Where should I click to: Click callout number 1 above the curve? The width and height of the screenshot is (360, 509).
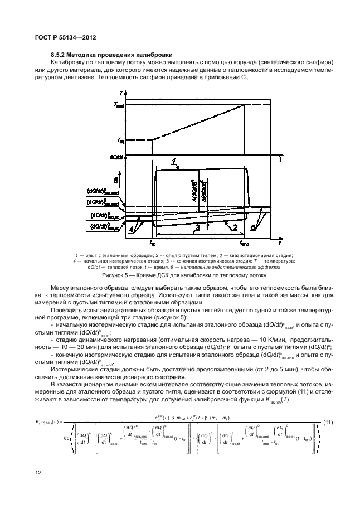(x=176, y=162)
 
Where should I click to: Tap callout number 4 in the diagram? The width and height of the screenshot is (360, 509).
(x=131, y=229)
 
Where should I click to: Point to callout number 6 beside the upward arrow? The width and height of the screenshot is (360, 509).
(x=116, y=181)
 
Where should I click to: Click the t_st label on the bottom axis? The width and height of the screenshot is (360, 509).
(x=153, y=244)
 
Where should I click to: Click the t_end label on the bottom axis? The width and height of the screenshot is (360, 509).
(x=244, y=244)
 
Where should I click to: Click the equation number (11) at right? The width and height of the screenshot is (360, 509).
(x=325, y=422)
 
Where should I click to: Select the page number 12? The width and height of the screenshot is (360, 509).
(x=38, y=473)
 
